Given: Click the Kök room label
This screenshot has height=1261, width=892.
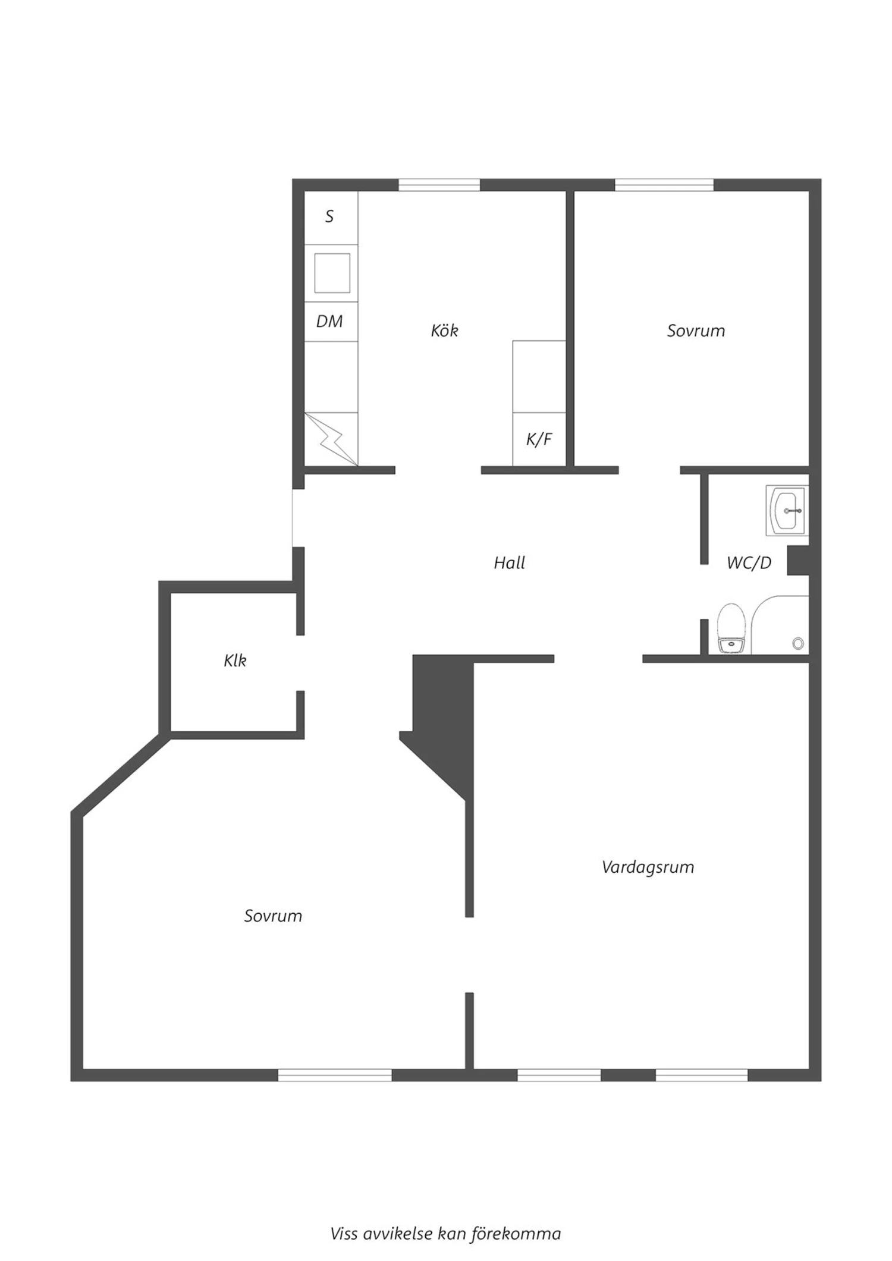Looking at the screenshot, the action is click(445, 330).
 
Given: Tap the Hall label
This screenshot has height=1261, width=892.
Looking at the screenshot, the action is click(510, 562).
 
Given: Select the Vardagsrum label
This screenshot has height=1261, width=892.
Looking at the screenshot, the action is click(648, 867).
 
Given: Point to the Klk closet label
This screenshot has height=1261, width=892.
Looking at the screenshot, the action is click(235, 661).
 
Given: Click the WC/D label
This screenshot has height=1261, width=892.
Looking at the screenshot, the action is click(749, 562).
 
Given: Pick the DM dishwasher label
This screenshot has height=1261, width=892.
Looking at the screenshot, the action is click(329, 322).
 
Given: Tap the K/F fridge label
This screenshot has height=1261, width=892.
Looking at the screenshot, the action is click(539, 439).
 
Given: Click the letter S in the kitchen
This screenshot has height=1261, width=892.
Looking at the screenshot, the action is click(329, 216).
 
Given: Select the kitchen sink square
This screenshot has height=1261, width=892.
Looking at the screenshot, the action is click(332, 273).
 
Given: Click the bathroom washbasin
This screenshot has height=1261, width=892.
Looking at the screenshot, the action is click(787, 511).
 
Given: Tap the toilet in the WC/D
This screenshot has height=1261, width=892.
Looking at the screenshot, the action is click(731, 628).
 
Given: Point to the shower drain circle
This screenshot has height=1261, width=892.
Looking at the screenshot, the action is click(798, 643).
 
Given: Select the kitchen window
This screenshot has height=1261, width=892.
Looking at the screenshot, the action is click(439, 185).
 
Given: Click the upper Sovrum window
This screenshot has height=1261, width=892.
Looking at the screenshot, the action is click(664, 185).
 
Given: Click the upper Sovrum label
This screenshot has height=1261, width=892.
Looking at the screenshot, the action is click(696, 331).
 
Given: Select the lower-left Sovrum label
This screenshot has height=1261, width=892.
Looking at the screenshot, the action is click(273, 916).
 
